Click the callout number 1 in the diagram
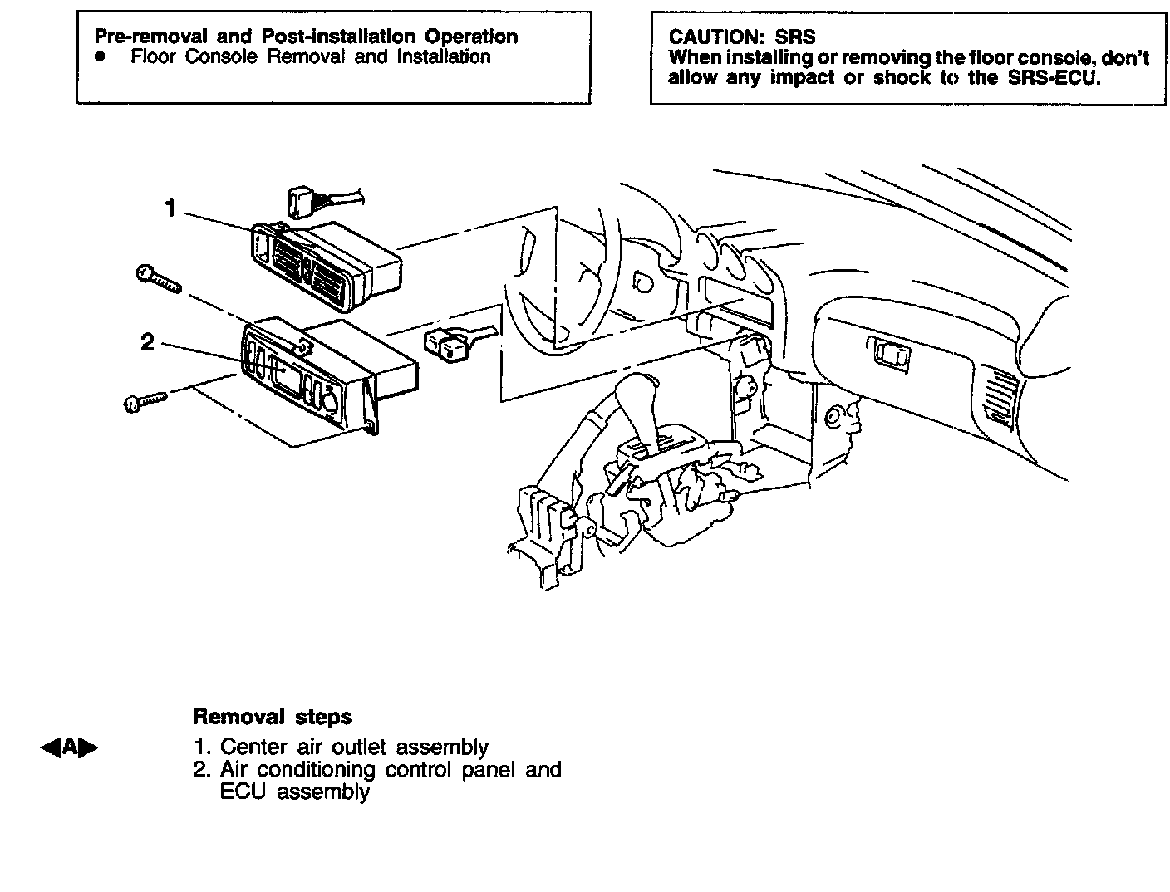click(x=170, y=208)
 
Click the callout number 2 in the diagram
click(x=147, y=342)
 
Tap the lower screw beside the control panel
click(x=145, y=401)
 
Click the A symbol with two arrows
click(x=69, y=747)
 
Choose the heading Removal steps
click(x=272, y=717)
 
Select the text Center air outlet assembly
click(x=354, y=747)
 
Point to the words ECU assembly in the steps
click(x=294, y=792)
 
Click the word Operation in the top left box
click(x=470, y=37)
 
